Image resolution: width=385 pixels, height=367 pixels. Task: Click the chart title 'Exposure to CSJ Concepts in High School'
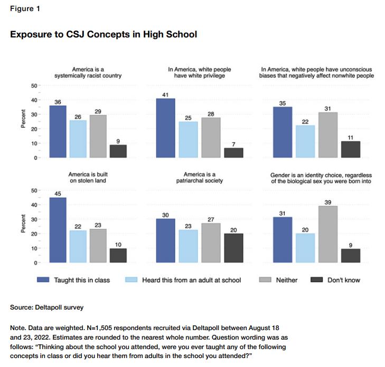point(104,35)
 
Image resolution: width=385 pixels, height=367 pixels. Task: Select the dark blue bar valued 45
point(58,230)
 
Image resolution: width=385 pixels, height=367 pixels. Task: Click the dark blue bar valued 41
point(165,128)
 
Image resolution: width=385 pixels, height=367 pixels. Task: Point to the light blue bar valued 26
point(78,139)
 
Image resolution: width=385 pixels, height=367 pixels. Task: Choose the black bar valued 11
point(351,149)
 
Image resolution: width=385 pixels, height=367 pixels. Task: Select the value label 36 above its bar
point(58,101)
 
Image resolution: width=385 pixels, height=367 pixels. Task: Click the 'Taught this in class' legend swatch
point(44,280)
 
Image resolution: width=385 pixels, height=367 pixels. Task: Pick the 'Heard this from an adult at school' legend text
point(191,280)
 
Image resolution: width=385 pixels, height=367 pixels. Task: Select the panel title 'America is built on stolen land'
point(88,178)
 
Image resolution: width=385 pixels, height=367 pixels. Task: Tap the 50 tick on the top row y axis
point(34,85)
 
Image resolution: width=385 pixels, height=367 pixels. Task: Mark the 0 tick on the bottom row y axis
point(36,263)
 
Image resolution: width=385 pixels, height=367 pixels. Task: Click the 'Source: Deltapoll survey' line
point(47,307)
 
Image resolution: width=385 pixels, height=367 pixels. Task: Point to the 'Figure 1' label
point(24,9)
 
